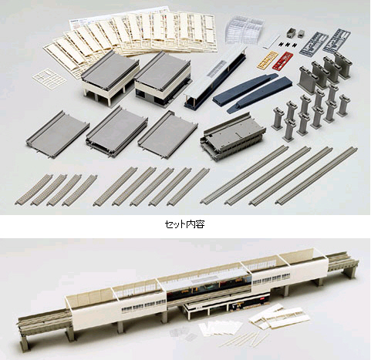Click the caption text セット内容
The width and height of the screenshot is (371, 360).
click(184, 224)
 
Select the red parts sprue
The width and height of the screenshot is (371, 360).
click(283, 61)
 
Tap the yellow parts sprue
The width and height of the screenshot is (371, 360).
click(268, 59)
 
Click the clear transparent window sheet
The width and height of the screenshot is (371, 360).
click(245, 29)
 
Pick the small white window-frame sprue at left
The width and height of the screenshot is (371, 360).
click(49, 77)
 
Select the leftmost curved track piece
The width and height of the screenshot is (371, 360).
click(34, 190)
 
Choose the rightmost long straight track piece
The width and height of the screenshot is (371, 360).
click(316, 175)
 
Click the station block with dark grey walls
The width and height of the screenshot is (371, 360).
click(163, 79)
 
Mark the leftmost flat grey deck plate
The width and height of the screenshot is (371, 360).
click(58, 134)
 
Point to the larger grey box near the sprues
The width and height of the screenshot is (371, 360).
click(292, 32)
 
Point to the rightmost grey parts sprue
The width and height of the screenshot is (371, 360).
click(336, 41)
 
